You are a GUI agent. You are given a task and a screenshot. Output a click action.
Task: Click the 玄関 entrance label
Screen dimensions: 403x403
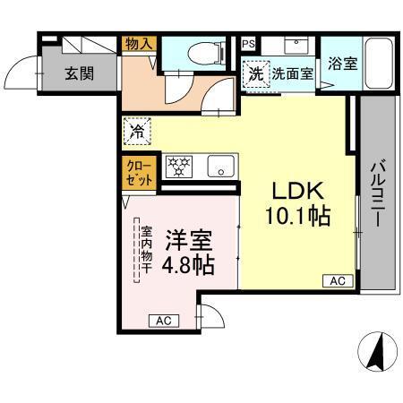[78, 73]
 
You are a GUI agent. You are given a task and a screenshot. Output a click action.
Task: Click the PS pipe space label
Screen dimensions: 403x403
[247, 43]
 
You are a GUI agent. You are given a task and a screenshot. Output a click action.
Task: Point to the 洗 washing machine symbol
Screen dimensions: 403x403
[256, 74]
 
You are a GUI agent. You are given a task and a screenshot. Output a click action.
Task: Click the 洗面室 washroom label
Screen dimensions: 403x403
[293, 74]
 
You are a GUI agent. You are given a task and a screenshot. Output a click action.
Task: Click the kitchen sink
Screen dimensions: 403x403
[219, 166]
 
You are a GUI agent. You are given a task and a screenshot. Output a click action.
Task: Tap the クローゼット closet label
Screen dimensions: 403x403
[139, 172]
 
